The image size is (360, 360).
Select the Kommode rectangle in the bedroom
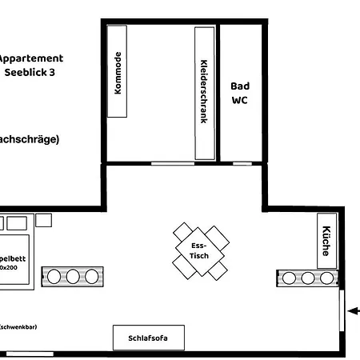(x=118, y=72)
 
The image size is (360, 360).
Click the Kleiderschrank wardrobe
(x=204, y=92)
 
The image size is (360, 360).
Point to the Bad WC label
(x=240, y=93)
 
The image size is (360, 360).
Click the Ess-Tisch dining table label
(x=200, y=250)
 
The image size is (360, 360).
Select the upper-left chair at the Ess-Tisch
(x=183, y=233)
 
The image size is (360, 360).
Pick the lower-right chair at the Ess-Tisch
(x=218, y=270)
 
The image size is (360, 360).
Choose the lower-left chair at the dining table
(x=184, y=266)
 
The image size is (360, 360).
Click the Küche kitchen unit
(x=326, y=240)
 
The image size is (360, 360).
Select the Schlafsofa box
(x=149, y=338)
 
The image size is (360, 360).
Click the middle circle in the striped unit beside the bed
(x=73, y=277)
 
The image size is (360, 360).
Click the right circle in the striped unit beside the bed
(x=91, y=277)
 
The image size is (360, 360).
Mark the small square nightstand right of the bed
(x=43, y=219)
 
